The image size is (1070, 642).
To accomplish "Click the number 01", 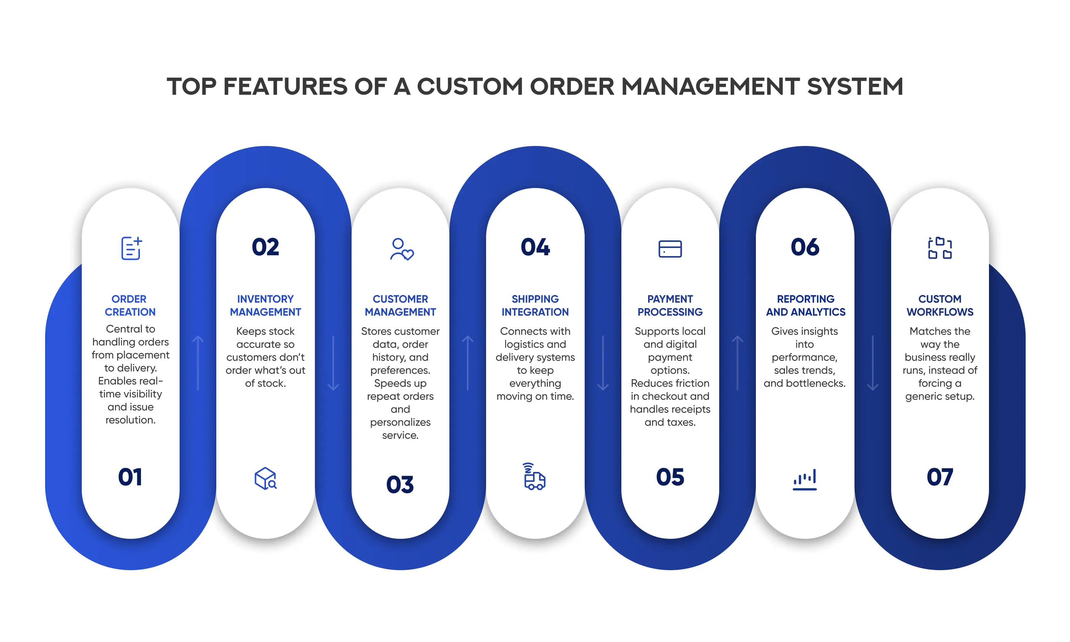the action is tap(130, 477).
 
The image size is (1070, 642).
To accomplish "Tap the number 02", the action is tap(265, 247).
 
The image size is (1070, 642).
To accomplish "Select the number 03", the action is tap(400, 485).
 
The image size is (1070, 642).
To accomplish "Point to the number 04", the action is tap(535, 247).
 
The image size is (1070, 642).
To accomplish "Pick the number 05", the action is tap(670, 477).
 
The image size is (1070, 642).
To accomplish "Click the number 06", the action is tap(805, 247).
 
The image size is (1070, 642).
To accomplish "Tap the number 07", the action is tap(940, 477).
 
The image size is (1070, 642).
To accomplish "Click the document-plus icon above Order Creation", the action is tap(131, 248).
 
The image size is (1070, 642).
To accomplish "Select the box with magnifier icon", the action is tap(266, 478).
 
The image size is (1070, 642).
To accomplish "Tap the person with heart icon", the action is tap(401, 249).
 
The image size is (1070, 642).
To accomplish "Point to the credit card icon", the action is tap(670, 249).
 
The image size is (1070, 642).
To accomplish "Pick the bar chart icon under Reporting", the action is tap(804, 479).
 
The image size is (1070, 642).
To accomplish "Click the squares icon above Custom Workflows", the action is tap(940, 248).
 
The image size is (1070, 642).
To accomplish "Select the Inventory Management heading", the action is tap(265, 305).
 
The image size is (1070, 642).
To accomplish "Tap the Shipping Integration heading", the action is tap(535, 305).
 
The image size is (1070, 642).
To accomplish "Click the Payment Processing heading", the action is tap(670, 305).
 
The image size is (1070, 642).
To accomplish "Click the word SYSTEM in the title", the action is tap(855, 86).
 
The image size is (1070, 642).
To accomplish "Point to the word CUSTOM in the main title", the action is tap(470, 86).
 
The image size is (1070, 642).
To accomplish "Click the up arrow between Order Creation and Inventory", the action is tap(198, 363).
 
